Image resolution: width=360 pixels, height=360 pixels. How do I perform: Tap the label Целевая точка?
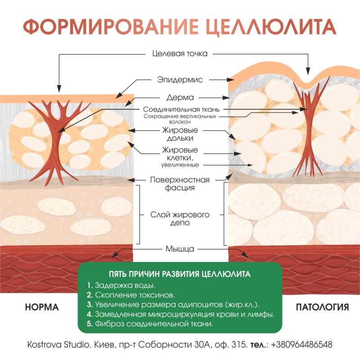(x=180, y=54)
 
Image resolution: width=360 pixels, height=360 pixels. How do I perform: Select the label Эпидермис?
(x=180, y=80)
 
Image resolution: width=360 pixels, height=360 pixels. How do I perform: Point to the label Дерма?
(x=180, y=97)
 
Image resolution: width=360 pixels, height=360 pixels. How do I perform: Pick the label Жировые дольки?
(x=180, y=134)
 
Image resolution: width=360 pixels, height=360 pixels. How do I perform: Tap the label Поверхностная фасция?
(x=180, y=184)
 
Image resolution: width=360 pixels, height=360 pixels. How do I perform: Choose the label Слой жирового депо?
(x=180, y=218)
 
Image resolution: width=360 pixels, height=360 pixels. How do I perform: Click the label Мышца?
(x=180, y=248)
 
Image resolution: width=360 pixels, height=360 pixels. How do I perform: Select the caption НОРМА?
(x=42, y=308)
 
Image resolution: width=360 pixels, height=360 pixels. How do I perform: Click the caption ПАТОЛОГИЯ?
(x=322, y=308)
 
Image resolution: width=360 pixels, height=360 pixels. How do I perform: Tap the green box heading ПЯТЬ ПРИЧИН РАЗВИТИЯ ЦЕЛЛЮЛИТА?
(x=180, y=274)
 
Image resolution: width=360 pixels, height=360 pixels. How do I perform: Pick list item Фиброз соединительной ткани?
(x=153, y=324)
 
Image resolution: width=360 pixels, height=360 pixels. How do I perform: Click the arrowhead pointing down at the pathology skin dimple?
(x=308, y=71)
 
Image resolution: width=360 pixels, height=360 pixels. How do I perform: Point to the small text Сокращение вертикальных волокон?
(x=180, y=119)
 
